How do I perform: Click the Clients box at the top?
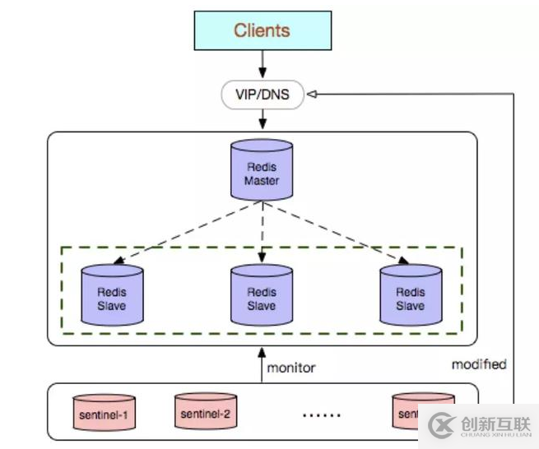pos(263,31)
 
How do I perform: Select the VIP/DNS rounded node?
pos(263,95)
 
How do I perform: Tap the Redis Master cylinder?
pos(263,169)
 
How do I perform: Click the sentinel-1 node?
pos(103,414)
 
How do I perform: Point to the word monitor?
pos(291,368)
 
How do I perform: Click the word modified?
pos(479,363)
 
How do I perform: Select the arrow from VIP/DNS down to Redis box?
pos(263,119)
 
